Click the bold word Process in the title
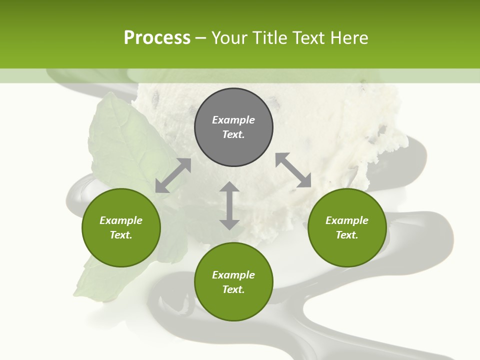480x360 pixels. [x=157, y=38]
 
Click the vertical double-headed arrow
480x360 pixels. [x=229, y=205]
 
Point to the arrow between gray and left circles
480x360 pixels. [x=173, y=175]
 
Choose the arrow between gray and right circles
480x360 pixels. [x=293, y=170]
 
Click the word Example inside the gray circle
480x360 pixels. [x=233, y=120]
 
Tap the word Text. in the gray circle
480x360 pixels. [x=233, y=134]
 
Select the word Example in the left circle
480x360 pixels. [x=121, y=220]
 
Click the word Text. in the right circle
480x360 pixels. [x=347, y=235]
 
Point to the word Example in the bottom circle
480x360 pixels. [x=233, y=275]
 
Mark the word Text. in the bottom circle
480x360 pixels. [x=233, y=289]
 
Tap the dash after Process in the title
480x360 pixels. [x=201, y=38]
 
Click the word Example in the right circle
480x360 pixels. [x=347, y=220]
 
